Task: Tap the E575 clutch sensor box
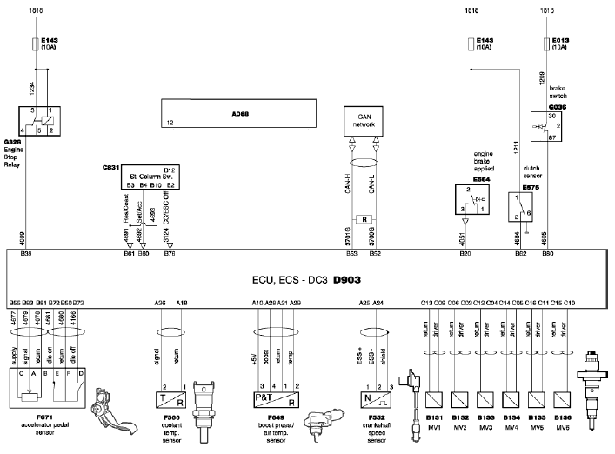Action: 524,205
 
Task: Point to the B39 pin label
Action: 26,255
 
